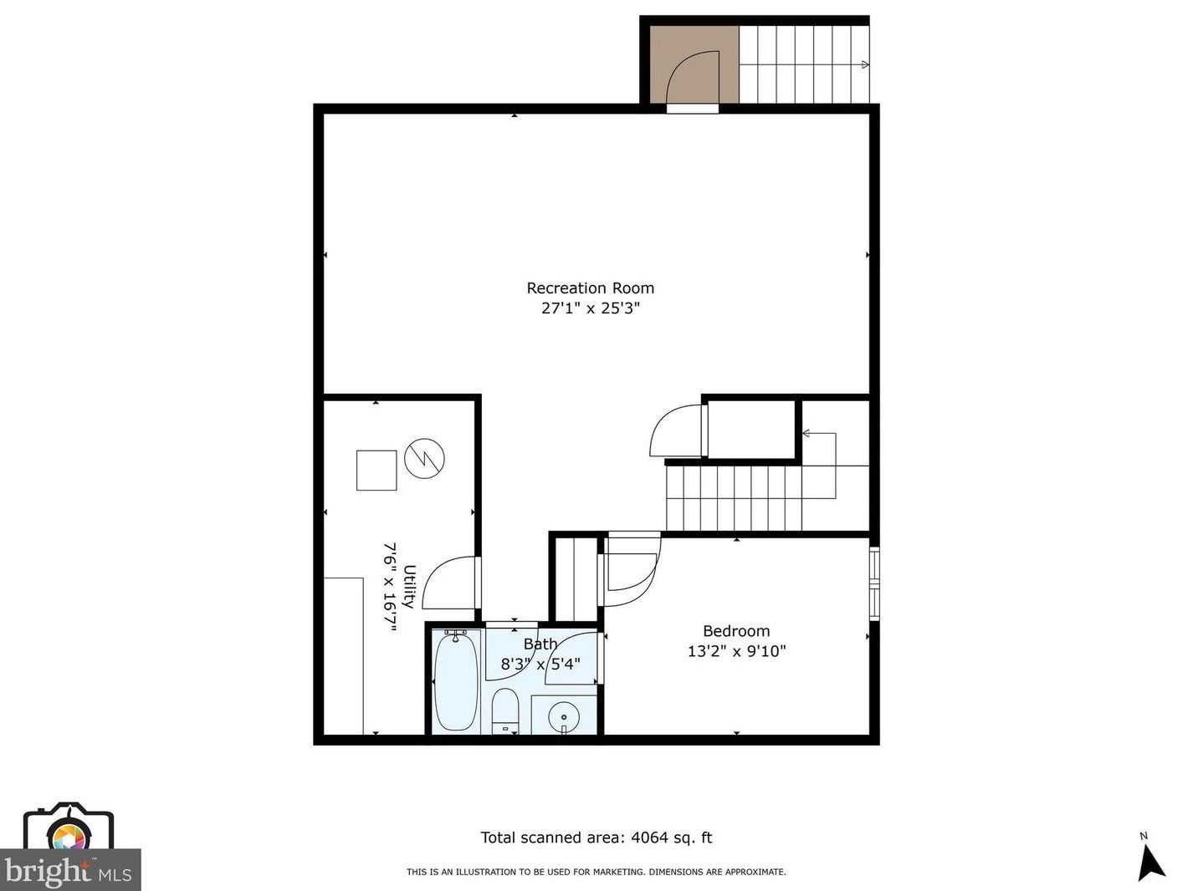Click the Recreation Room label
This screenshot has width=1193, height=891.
pos(590,288)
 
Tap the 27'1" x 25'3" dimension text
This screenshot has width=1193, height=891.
pos(590,308)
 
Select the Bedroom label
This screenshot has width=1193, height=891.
pos(736,631)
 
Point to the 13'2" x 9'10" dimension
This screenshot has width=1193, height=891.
pos(736,651)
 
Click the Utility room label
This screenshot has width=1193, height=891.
pos(409,586)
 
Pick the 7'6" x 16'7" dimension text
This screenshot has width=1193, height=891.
pos(389,586)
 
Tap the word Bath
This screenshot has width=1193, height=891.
pos(540,644)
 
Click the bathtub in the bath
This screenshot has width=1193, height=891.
pos(456,681)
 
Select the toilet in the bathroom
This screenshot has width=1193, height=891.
pos(505,710)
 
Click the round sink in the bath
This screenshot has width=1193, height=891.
pos(564,716)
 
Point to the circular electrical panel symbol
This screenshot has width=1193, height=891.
pos(424,458)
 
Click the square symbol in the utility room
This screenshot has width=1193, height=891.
pos(376,470)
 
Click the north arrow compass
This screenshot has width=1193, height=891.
pos(1150,861)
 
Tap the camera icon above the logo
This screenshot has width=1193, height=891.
pos(68,827)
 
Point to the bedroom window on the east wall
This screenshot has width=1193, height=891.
pos(874,583)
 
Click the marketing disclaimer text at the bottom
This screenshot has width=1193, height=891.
pos(596,872)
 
